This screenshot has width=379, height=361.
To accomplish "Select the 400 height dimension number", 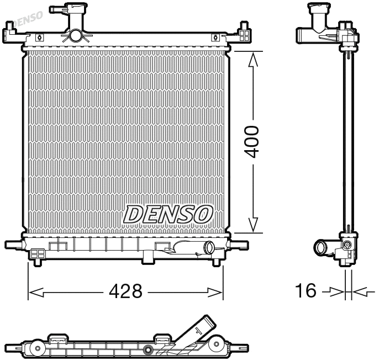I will pyautogui.click(x=252, y=142).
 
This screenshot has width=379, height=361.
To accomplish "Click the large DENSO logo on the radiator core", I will pyautogui.click(x=168, y=214).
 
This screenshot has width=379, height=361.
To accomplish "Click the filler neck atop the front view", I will pyautogui.click(x=73, y=22).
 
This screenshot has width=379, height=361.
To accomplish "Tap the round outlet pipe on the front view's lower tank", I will pyautogui.click(x=209, y=248).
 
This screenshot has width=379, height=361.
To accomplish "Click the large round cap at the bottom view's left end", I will pyautogui.click(x=37, y=348).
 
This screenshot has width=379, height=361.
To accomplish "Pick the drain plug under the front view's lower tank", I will pyautogui.click(x=150, y=257).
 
